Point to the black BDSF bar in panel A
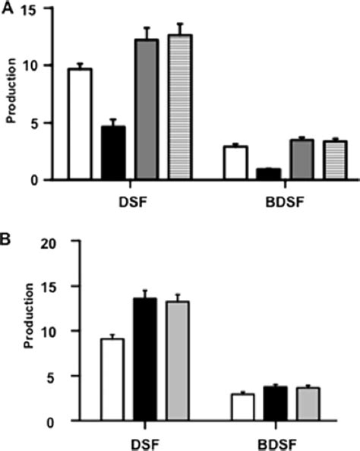268,175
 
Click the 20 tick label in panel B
58,242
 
